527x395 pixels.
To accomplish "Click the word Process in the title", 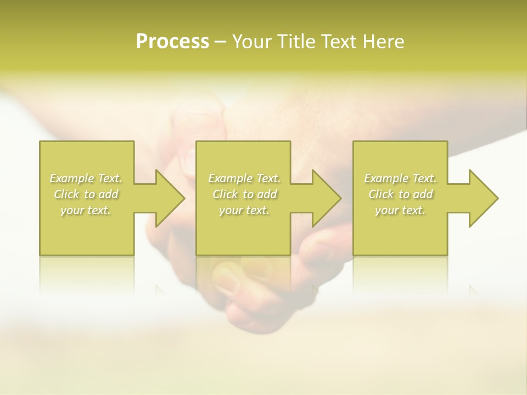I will click(172, 42).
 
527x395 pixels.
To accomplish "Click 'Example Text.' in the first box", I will click(86, 178).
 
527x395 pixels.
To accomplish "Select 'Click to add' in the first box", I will click(86, 194).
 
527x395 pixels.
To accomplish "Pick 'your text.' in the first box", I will click(86, 210).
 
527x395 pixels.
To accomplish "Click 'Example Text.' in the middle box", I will click(244, 178).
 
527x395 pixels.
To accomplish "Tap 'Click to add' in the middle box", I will click(244, 194).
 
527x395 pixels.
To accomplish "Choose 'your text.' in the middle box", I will click(244, 210).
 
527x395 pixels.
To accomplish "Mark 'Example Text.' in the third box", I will click(400, 178).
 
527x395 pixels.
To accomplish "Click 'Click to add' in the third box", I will click(400, 194).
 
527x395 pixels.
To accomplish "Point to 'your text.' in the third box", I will click(400, 210).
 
